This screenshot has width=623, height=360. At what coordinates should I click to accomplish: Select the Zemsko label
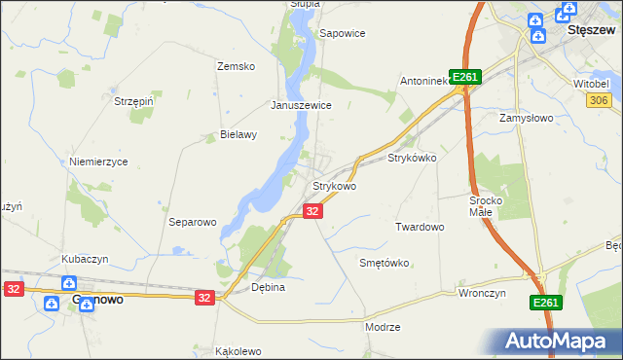[x=236, y=66]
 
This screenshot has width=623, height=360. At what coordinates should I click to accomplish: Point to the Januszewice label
[x=302, y=105]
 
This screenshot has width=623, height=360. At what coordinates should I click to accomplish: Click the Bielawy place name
[x=238, y=135]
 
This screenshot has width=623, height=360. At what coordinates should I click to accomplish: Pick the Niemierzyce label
[x=99, y=162]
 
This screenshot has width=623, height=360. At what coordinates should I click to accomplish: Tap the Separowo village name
[x=192, y=222]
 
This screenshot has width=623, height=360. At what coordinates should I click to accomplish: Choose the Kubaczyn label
[x=85, y=259]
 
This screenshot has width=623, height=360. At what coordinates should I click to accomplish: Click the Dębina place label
[x=268, y=288]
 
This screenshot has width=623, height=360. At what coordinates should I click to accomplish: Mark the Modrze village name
[x=383, y=327]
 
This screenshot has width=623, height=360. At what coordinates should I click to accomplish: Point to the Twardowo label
[x=420, y=227]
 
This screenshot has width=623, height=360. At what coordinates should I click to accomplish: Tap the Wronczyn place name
[x=483, y=292]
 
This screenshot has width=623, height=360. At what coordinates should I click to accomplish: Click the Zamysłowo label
[x=527, y=116]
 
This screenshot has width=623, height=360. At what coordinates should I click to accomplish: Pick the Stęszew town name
[x=590, y=30]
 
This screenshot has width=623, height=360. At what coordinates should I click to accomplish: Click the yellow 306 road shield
[x=599, y=100]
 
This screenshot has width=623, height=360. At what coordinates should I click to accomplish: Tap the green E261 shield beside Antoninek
[x=466, y=78]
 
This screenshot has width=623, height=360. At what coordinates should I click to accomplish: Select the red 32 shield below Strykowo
[x=312, y=210]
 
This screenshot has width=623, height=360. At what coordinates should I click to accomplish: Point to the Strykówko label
[x=413, y=157]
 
